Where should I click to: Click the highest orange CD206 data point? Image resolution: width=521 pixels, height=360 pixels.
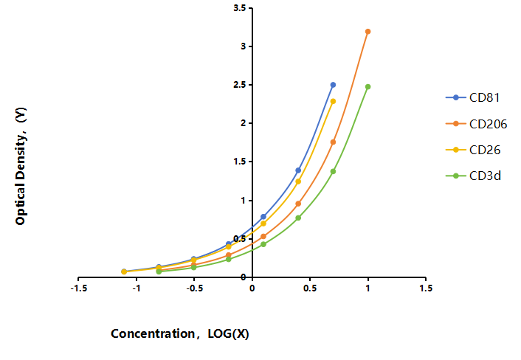[368, 32]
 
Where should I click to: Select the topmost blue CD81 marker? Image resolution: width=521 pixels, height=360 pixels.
[333, 85]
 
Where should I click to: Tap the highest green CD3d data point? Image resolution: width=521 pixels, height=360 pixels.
[368, 86]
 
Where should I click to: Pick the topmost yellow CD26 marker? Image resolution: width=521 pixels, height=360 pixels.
[333, 101]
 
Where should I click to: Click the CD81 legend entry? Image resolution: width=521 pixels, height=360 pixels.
[473, 97]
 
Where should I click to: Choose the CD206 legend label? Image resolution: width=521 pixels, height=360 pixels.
[488, 124]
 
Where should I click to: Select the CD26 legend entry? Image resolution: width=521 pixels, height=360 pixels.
[473, 150]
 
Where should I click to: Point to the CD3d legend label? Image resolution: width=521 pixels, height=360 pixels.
[485, 176]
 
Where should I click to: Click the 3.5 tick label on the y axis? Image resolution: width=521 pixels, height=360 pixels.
[240, 8]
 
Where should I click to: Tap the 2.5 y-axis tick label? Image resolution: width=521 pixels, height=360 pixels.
[240, 85]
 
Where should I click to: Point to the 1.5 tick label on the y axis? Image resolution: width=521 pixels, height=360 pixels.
[240, 162]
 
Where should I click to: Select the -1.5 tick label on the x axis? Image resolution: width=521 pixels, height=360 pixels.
[79, 288]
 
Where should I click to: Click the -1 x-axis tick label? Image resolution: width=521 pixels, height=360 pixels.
[137, 288]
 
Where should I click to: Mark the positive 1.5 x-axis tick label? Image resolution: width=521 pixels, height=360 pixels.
[426, 288]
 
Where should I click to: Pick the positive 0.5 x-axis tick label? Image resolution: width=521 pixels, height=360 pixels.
[310, 288]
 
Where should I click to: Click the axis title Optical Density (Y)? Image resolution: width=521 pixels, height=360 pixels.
[20, 166]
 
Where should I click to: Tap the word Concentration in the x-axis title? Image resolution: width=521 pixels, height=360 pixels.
[153, 333]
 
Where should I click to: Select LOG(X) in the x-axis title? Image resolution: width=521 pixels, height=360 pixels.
[228, 333]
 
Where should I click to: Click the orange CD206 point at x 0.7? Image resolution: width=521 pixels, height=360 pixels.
[333, 142]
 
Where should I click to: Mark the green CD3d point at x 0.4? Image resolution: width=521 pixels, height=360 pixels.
[298, 218]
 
